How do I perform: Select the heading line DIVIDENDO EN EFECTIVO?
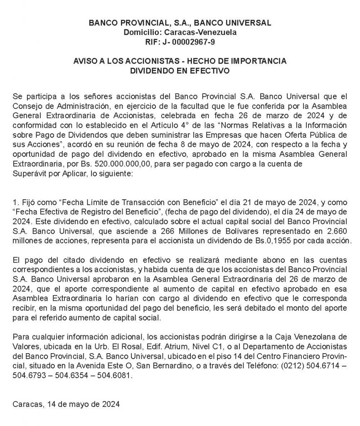180,71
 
